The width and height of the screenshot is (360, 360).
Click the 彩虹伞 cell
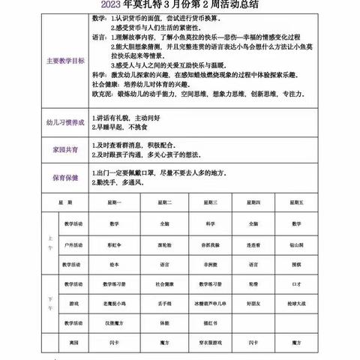point(114,244)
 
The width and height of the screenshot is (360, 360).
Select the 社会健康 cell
point(163,283)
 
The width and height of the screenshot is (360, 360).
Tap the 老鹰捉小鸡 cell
point(114,303)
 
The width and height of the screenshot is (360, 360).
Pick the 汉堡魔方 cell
point(114,322)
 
